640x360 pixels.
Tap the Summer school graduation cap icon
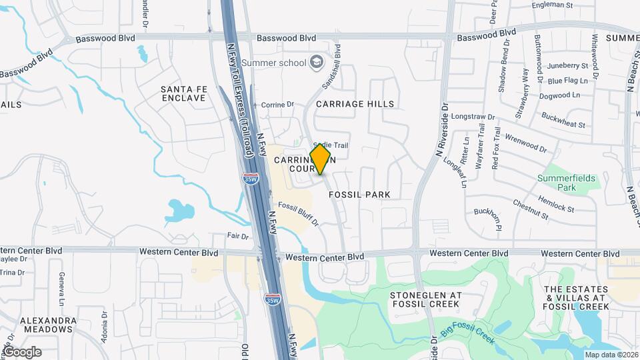point(317,63)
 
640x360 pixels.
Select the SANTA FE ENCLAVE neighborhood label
point(183,93)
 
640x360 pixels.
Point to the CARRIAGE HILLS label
point(355,104)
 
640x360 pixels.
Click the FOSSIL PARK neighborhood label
point(359,195)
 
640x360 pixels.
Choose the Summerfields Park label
point(557,183)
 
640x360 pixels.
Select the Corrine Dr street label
point(277,105)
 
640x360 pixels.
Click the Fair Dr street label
point(237,237)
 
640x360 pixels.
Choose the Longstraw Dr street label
point(473,117)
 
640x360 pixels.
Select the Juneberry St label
point(567,66)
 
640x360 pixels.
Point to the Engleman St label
point(553,5)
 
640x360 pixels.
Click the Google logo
point(22,352)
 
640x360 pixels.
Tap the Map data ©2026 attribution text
point(610,355)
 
